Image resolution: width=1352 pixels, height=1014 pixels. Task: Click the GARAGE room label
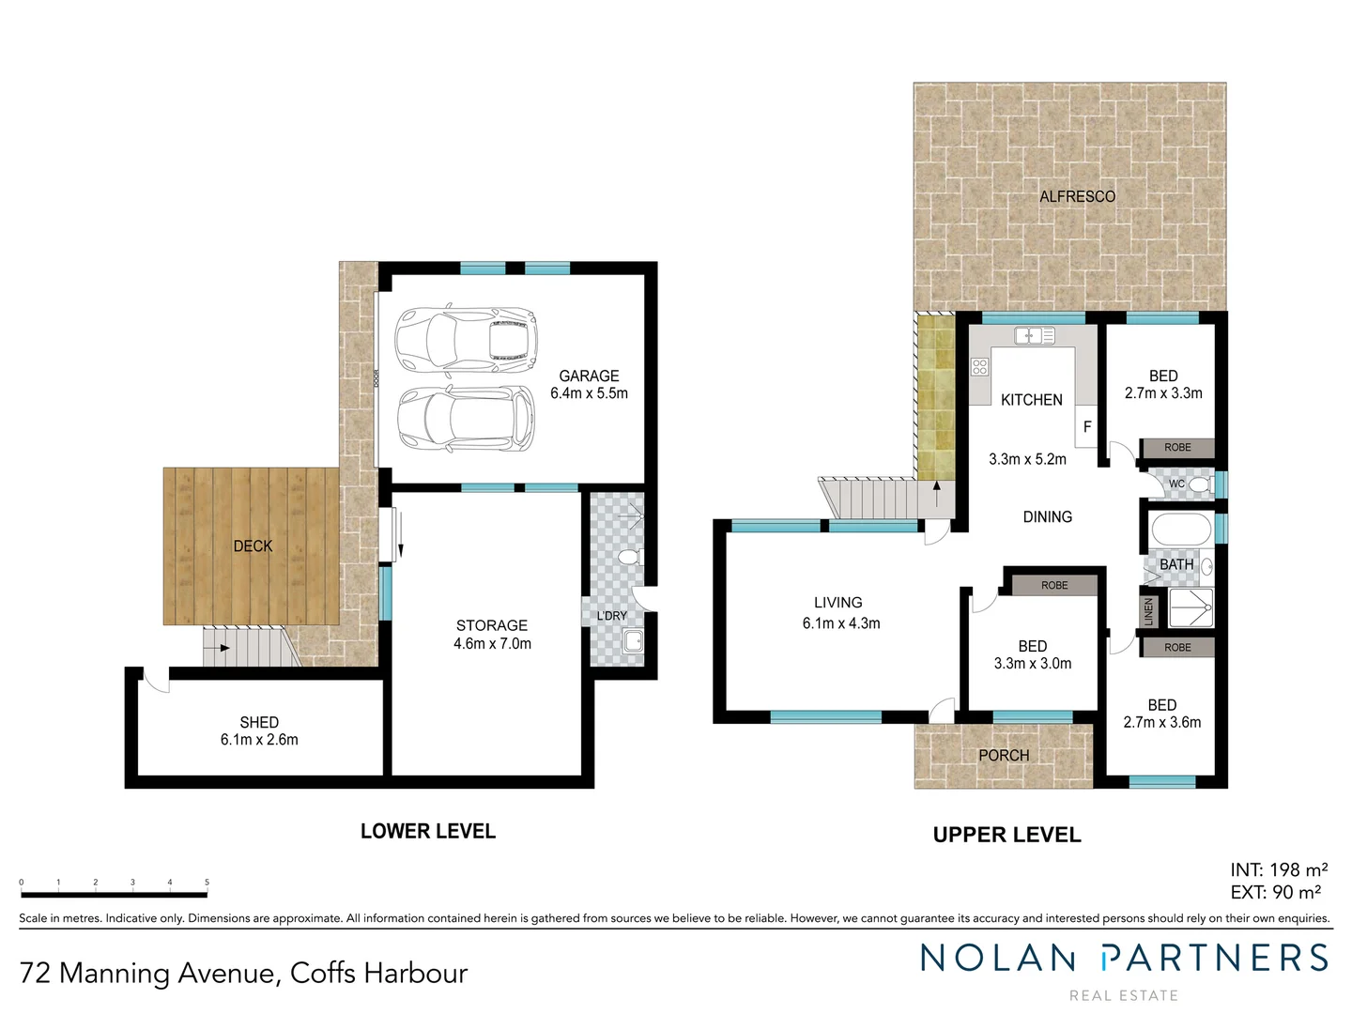(x=589, y=376)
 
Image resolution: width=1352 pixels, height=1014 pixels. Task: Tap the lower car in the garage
(x=466, y=419)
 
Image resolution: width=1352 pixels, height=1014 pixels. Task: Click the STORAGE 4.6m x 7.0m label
(x=492, y=634)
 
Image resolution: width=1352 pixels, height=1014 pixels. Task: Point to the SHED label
(x=259, y=722)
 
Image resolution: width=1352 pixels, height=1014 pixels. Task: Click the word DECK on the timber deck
(x=253, y=545)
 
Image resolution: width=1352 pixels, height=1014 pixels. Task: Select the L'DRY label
(x=612, y=616)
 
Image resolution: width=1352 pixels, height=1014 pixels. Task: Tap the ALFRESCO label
(x=1077, y=196)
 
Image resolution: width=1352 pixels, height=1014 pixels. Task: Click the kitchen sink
(x=1035, y=335)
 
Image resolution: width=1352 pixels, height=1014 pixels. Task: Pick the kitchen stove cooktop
(x=980, y=367)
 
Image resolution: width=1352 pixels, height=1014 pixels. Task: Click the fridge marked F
(x=1087, y=426)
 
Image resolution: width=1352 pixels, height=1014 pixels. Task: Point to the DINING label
(x=1047, y=516)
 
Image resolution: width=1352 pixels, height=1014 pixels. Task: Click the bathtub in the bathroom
(x=1180, y=530)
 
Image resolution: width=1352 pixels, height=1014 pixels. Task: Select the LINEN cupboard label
(x=1147, y=612)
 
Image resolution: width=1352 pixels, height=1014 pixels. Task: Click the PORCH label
(x=1004, y=755)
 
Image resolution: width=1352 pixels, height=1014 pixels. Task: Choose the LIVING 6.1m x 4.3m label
(x=840, y=612)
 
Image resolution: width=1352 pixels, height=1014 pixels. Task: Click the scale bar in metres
(x=114, y=894)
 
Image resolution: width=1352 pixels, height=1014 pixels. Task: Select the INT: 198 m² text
(x=1279, y=870)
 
